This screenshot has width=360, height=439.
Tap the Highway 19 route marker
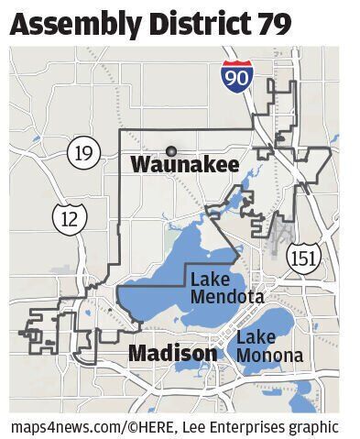(x=83, y=152)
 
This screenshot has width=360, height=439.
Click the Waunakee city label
(x=185, y=166)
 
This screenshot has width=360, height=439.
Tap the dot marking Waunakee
(x=170, y=150)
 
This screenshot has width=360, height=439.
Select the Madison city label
(x=172, y=353)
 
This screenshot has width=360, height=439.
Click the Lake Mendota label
(x=227, y=288)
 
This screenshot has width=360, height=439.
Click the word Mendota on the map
(x=227, y=297)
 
